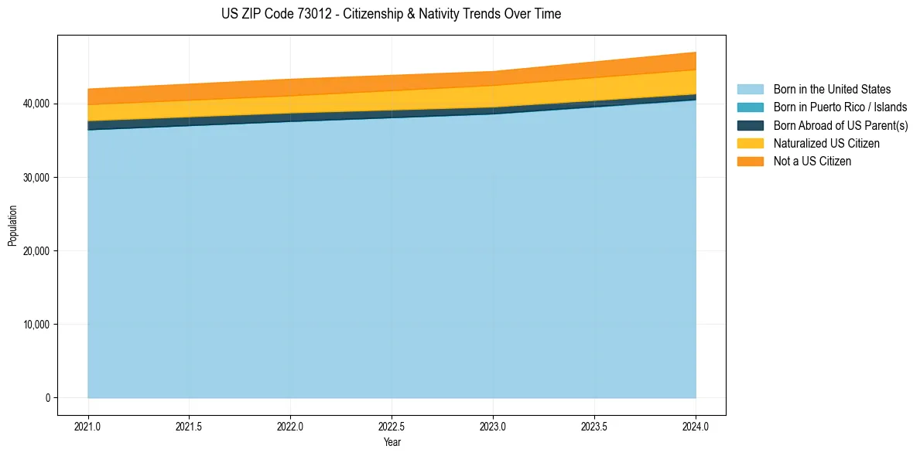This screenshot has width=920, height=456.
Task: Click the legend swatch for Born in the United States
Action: (x=750, y=90)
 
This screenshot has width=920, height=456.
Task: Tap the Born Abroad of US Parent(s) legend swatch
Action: (x=750, y=125)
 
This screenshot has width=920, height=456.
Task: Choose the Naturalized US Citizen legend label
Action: (x=826, y=143)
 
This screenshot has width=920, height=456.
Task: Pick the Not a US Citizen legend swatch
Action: (x=750, y=161)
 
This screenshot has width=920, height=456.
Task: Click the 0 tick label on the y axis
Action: (x=47, y=398)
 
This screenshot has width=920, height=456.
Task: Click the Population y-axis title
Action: (x=12, y=226)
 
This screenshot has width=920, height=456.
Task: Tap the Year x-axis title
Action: (x=392, y=443)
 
